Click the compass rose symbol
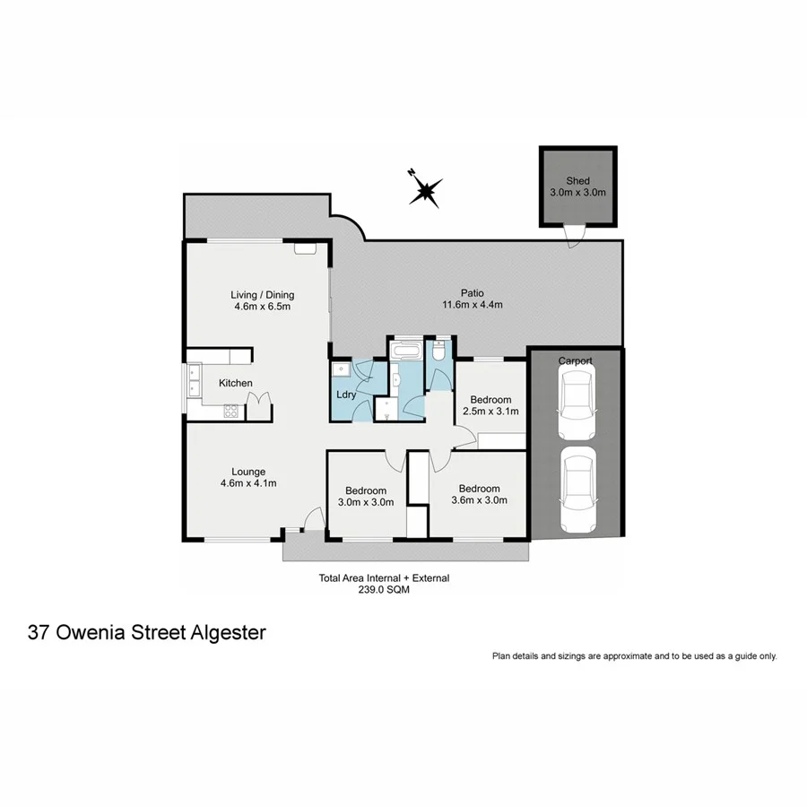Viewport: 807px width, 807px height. click(x=425, y=189)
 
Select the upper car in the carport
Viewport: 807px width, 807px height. click(x=575, y=404)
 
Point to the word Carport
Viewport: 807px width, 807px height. click(x=575, y=360)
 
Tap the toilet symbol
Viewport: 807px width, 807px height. click(x=439, y=352)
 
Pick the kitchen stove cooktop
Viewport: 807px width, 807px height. click(x=230, y=412)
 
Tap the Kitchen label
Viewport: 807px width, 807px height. click(x=236, y=384)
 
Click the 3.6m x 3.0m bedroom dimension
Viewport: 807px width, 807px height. click(x=479, y=500)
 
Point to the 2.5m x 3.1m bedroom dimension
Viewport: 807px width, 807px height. click(x=490, y=412)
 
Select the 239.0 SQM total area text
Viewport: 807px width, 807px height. click(x=384, y=591)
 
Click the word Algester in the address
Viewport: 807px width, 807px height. click(x=229, y=633)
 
